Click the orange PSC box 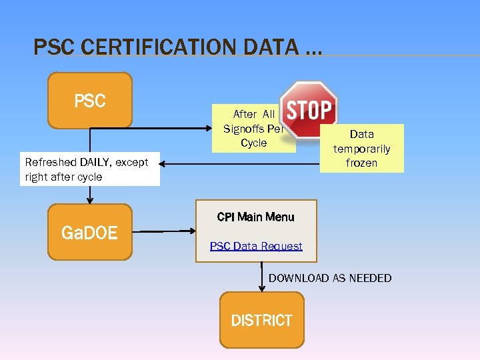click(x=90, y=100)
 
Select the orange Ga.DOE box click(x=90, y=232)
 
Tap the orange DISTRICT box click(x=261, y=320)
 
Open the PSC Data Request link click(x=256, y=246)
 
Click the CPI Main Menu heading click(x=255, y=217)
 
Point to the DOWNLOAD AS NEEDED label click(x=330, y=278)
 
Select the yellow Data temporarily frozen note click(x=362, y=148)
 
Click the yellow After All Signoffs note click(x=253, y=129)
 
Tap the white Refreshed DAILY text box click(x=89, y=169)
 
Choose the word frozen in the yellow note click(x=362, y=163)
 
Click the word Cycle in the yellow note click(x=253, y=143)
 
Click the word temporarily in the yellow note click(x=362, y=149)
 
